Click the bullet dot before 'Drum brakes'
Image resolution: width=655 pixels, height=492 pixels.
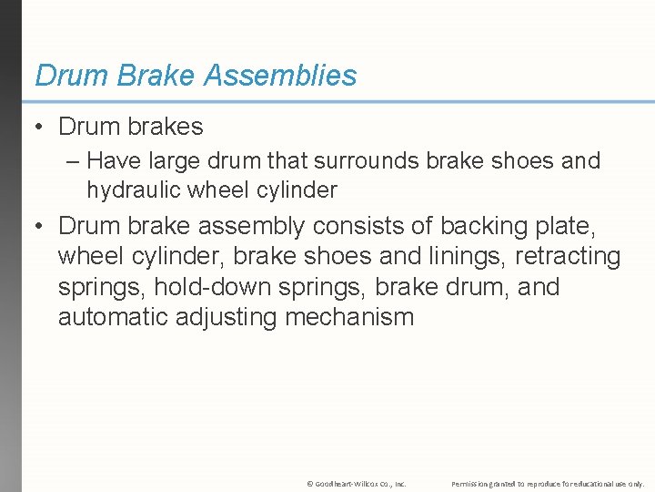[41, 127]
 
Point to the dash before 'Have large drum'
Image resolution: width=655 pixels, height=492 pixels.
[73, 161]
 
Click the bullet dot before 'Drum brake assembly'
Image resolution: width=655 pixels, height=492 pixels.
[41, 225]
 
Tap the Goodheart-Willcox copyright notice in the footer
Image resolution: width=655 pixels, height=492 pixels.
[357, 483]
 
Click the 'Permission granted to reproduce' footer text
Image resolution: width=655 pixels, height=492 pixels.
[548, 483]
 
